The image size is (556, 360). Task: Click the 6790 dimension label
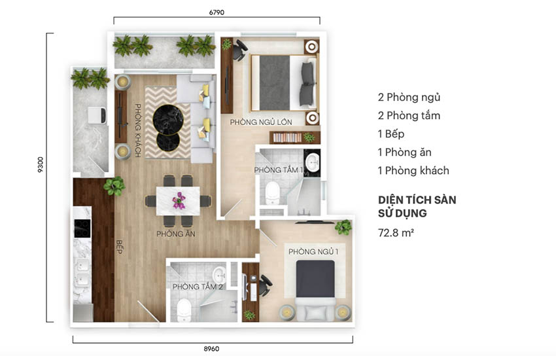pyautogui.click(x=217, y=12)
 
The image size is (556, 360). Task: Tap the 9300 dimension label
pyautogui.click(x=41, y=164)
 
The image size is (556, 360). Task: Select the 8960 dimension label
pyautogui.click(x=211, y=349)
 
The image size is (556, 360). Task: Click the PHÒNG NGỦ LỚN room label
pyautogui.click(x=261, y=122)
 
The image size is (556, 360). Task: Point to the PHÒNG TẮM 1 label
pyautogui.click(x=279, y=170)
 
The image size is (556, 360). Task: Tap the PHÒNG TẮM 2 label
pyautogui.click(x=198, y=287)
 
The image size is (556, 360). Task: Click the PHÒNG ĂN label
pyautogui.click(x=176, y=234)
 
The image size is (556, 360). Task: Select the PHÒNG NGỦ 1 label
pyautogui.click(x=313, y=251)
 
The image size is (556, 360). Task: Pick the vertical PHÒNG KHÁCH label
pyautogui.click(x=138, y=130)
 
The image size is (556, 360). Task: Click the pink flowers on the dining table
pyautogui.click(x=179, y=200)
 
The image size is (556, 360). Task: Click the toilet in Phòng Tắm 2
pyautogui.click(x=184, y=310)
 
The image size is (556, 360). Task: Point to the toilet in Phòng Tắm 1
pyautogui.click(x=272, y=192)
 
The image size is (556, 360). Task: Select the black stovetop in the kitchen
pyautogui.click(x=82, y=228)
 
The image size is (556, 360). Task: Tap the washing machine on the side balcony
pyautogui.click(x=97, y=116)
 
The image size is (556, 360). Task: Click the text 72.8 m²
pyautogui.click(x=396, y=232)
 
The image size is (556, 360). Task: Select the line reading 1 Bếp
pyautogui.click(x=391, y=134)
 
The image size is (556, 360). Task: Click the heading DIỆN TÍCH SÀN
pyautogui.click(x=417, y=200)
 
